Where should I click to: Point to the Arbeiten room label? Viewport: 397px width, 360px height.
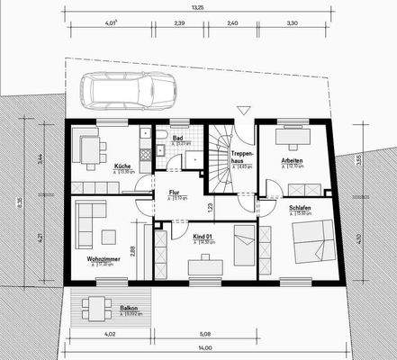click(x=292, y=160)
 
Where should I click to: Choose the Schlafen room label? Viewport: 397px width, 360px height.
click(x=300, y=207)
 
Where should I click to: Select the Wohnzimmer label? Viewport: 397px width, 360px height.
click(x=104, y=259)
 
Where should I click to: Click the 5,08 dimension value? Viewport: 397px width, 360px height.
click(x=205, y=334)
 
